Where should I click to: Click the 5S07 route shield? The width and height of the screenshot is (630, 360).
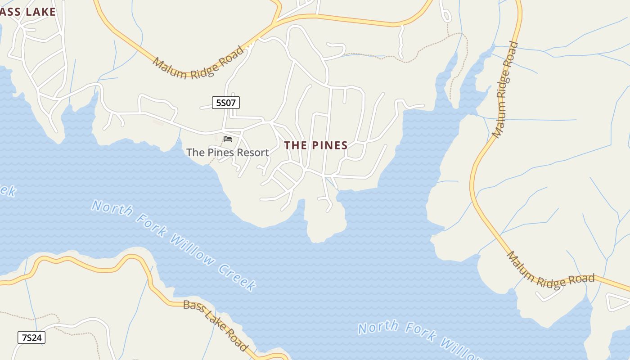coord(226,103)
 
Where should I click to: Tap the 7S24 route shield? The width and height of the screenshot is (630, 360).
coord(31,337)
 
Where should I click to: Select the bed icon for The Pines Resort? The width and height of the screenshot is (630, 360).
coord(228,139)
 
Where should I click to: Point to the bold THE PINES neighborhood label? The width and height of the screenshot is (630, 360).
coord(316,145)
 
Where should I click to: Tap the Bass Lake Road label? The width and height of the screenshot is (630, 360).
coord(216,325)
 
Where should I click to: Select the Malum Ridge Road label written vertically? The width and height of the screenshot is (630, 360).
coord(505,90)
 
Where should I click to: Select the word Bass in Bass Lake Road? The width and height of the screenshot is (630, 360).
coord(193,307)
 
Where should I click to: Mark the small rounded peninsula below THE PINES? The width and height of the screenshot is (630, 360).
coord(325,225)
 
